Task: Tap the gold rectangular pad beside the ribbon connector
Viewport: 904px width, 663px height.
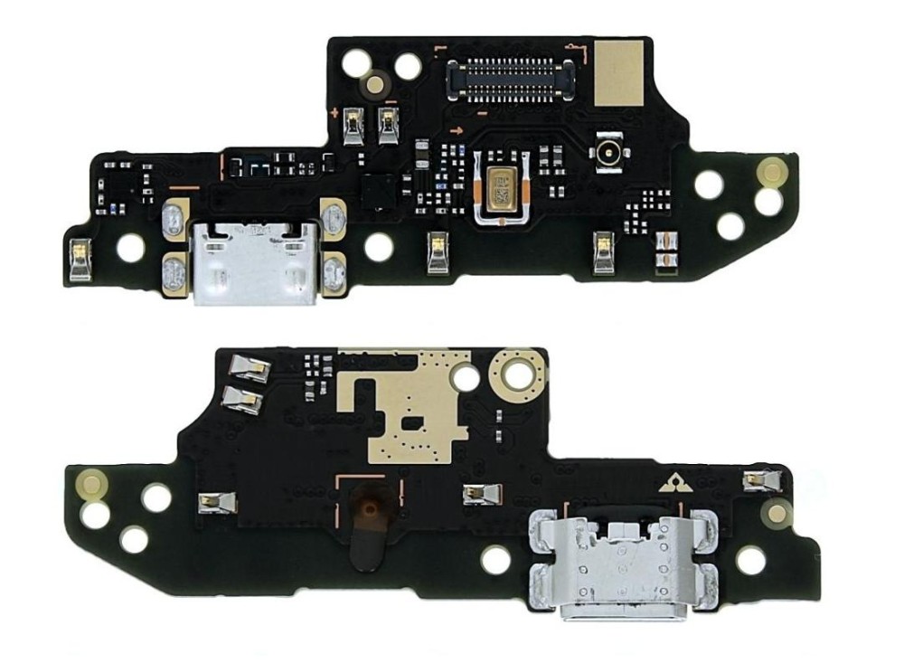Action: pos(618,73)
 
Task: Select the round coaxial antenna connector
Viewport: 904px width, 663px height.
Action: pos(602,155)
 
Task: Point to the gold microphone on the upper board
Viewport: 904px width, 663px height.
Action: pos(498,187)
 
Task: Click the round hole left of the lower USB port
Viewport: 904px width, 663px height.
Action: pos(496,559)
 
